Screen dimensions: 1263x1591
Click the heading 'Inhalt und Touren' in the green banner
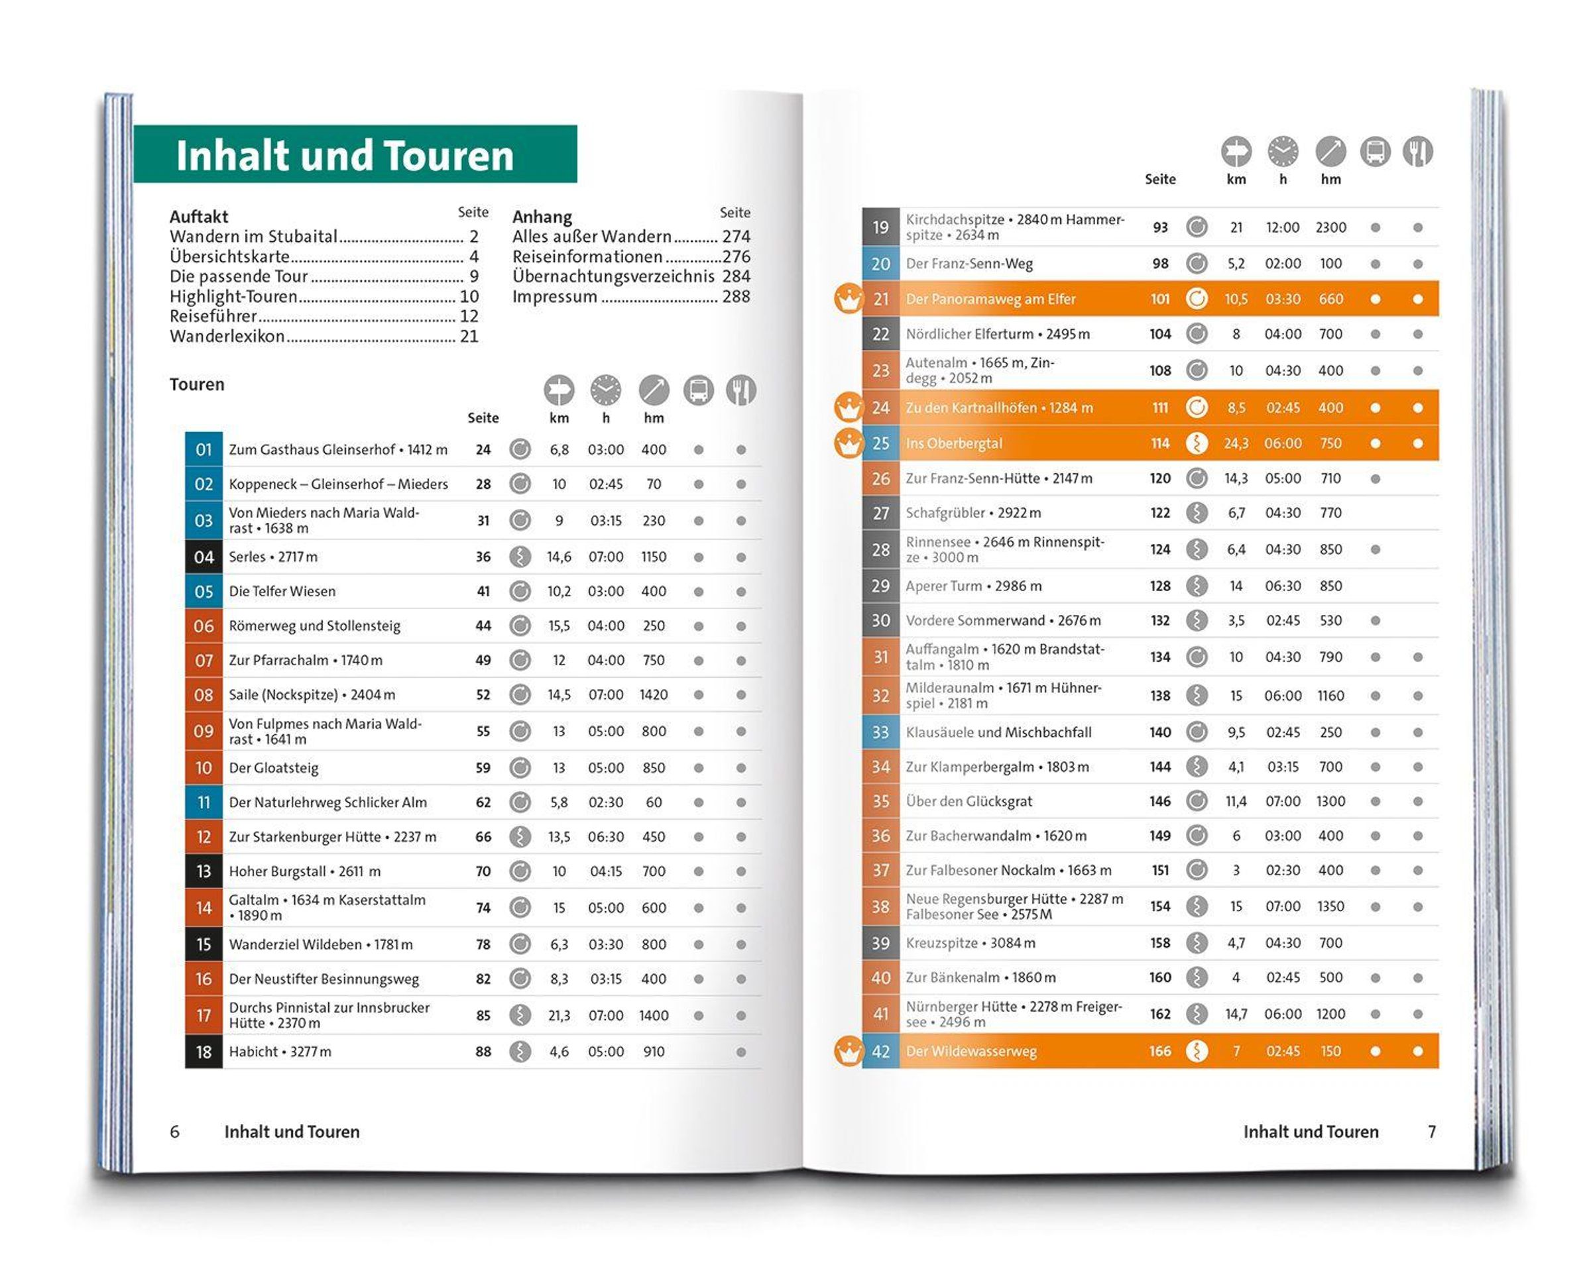pos(345,156)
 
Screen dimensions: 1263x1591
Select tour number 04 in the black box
pos(204,557)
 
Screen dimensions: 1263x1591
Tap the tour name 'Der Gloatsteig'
pos(274,768)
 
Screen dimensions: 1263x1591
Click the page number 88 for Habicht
pos(483,1051)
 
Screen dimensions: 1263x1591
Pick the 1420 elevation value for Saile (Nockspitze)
pos(653,695)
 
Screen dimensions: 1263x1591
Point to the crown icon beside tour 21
pos(849,299)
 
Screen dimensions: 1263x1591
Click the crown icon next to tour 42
pos(849,1051)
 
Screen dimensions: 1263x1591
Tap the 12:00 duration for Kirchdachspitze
pos(1283,227)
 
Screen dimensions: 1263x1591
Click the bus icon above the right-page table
pos(1375,152)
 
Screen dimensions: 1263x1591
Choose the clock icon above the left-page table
pos(605,390)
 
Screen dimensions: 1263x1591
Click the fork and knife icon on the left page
pos(740,390)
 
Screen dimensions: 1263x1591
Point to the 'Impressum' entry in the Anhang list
pos(555,297)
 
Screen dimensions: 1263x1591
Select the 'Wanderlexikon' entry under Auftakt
pos(227,337)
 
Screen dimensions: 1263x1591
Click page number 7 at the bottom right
pos(1432,1132)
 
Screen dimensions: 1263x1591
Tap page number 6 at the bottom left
pos(175,1132)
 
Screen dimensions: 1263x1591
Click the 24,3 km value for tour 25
pos(1236,443)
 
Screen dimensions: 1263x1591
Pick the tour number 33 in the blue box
pos(880,733)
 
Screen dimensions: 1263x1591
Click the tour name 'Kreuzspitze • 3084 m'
pos(971,943)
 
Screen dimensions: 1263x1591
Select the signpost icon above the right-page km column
pos(1236,152)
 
